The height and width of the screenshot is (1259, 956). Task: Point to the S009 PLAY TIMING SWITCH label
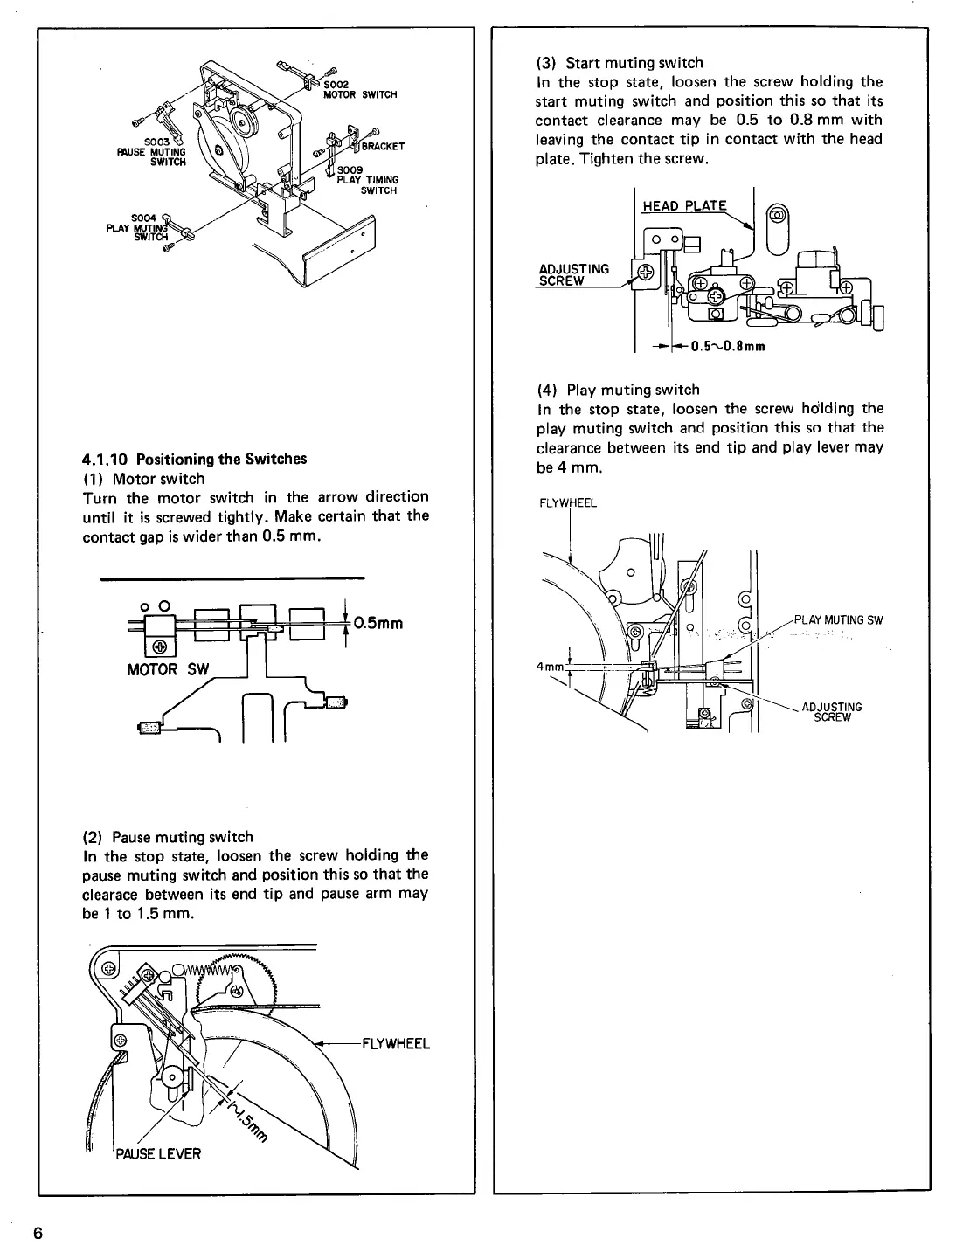coord(368,181)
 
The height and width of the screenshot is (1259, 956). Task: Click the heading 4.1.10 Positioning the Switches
coord(194,459)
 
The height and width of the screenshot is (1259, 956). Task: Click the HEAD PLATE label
coord(684,205)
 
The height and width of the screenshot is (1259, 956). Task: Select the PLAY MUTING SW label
coord(838,620)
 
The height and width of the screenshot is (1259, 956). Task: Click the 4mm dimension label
coord(549,667)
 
